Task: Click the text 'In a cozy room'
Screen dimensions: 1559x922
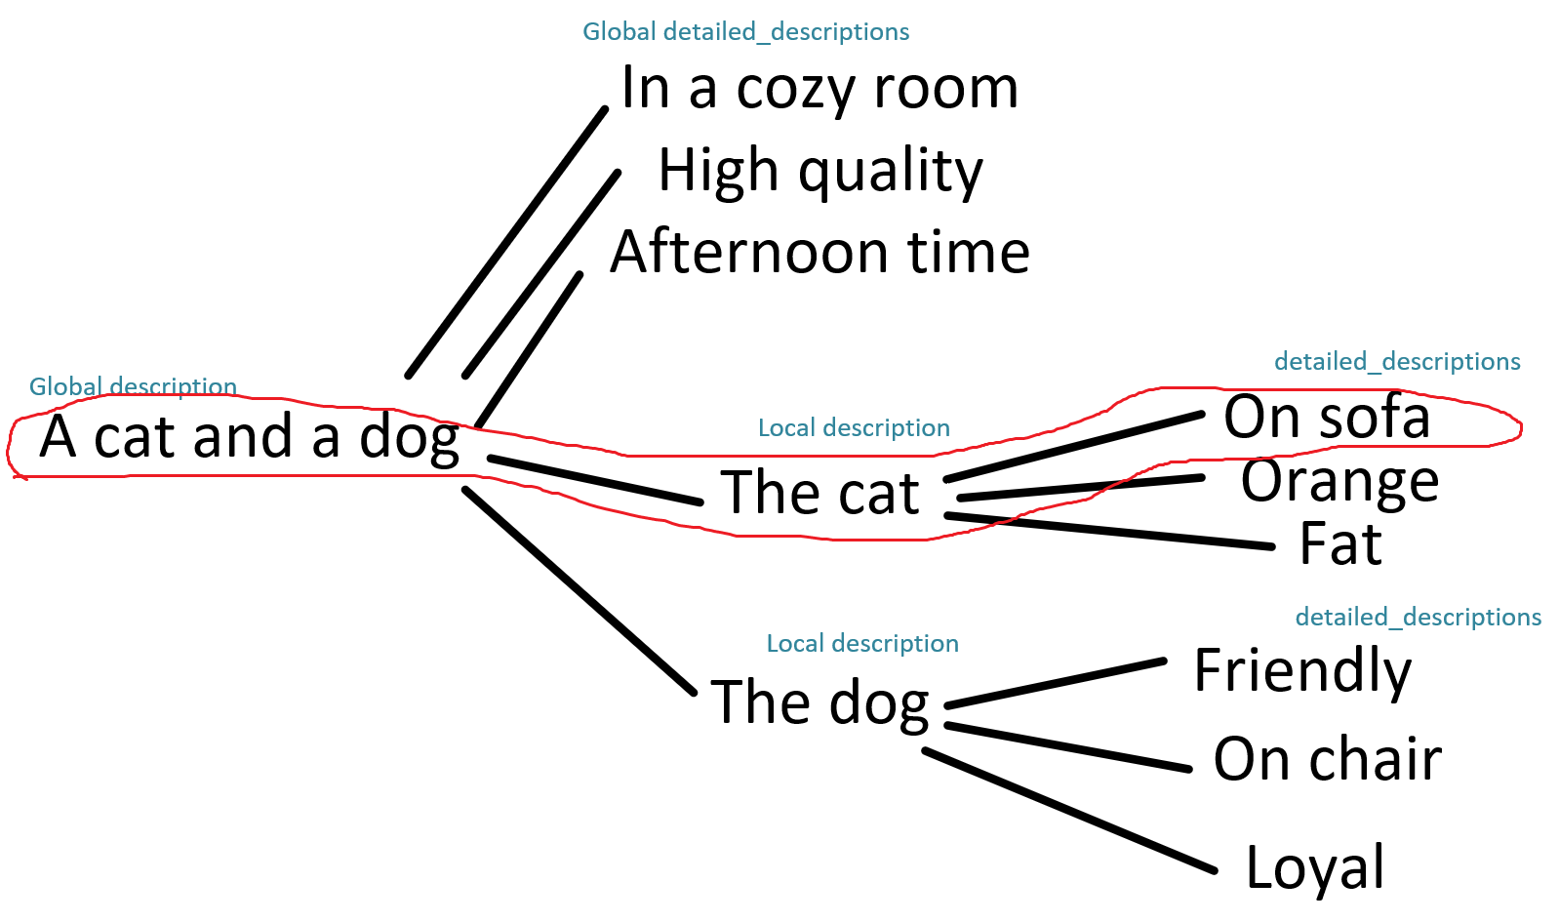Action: tap(819, 89)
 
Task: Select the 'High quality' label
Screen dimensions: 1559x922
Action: tap(820, 171)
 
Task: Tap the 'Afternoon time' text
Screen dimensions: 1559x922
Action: tap(819, 251)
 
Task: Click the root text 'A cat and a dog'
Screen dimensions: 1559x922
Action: tap(249, 438)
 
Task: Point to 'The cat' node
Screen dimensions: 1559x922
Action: tap(819, 492)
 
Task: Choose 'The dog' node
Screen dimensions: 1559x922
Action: tap(819, 702)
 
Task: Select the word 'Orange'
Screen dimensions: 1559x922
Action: tap(1339, 482)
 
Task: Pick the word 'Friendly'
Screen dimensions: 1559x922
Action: tap(1302, 670)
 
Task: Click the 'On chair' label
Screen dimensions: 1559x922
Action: tap(1327, 759)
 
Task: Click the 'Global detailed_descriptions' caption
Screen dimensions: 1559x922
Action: tap(745, 32)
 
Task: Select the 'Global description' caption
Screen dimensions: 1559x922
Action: tap(133, 387)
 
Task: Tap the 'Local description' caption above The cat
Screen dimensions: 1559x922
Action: tap(854, 428)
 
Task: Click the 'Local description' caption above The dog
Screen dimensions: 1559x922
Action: tap(862, 644)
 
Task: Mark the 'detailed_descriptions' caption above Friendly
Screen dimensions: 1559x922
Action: tap(1418, 617)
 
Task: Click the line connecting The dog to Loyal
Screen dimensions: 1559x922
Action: tap(1069, 811)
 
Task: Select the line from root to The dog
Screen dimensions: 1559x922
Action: tap(580, 591)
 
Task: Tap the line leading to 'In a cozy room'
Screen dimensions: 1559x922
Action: tap(506, 243)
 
